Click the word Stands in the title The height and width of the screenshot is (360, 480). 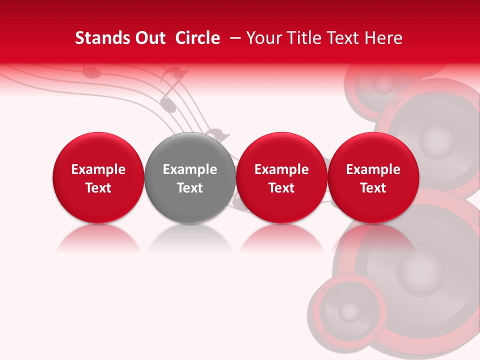pos(99,38)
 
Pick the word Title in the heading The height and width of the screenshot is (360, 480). pos(301,38)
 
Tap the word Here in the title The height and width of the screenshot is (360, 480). pos(384,38)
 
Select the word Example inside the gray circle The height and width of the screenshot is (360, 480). pos(190,169)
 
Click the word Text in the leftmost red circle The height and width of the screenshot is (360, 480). pos(98,188)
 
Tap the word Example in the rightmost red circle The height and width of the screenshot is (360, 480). pos(373,169)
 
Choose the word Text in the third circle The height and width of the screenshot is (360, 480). pos(281,188)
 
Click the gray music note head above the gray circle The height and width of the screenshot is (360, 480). pos(168,105)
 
